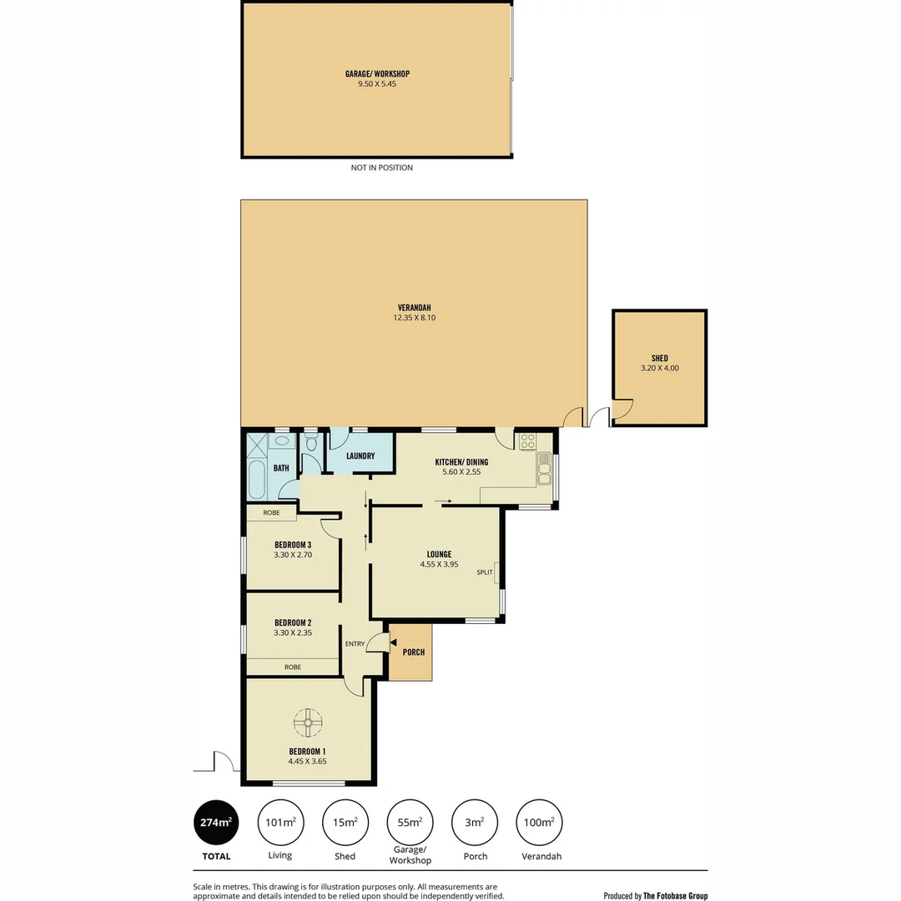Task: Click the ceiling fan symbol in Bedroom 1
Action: coord(309,722)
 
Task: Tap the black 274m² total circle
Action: coord(214,822)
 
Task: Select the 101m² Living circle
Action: coord(279,822)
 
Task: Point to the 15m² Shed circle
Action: coord(345,822)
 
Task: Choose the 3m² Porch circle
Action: coord(474,822)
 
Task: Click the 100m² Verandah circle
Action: coord(539,822)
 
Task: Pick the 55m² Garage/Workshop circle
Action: coord(409,822)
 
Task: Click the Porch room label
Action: coord(413,652)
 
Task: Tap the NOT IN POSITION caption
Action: coord(381,168)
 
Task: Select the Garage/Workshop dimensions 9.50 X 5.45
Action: coord(377,83)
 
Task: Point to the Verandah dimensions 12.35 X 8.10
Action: coord(414,317)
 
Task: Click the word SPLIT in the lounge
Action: coord(485,572)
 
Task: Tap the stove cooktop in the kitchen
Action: coord(526,442)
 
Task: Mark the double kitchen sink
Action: coord(545,473)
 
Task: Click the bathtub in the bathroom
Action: coord(255,480)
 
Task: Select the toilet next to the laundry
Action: coord(311,444)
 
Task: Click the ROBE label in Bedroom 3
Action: coord(271,512)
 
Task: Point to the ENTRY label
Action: coord(355,643)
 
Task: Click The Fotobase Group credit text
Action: coord(675,896)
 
